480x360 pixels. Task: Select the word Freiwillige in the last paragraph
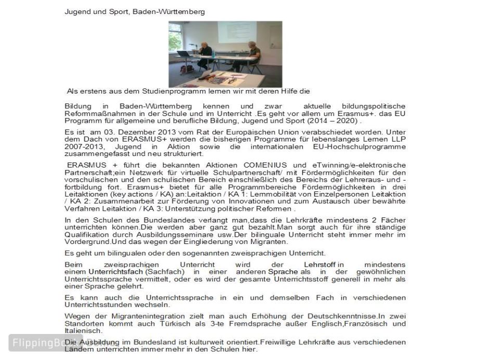(x=282, y=342)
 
